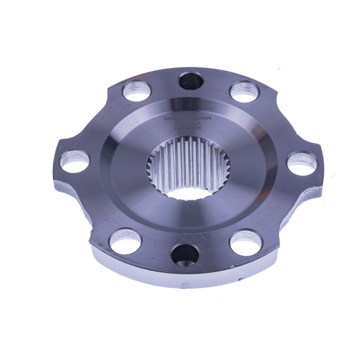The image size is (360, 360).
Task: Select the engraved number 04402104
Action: (188, 129)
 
